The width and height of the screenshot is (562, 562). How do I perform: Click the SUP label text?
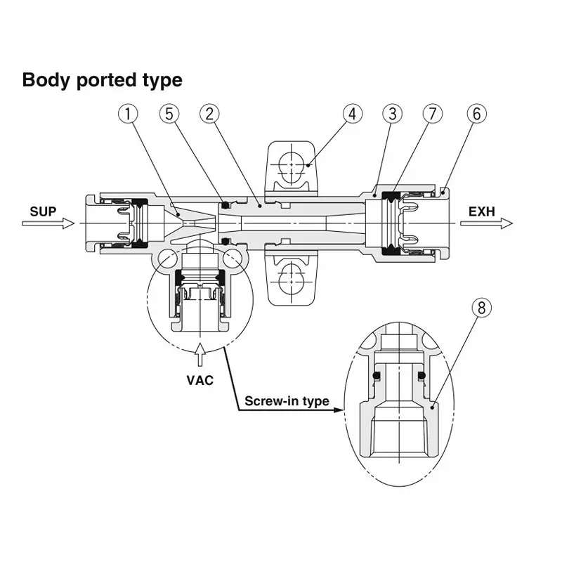click(43, 211)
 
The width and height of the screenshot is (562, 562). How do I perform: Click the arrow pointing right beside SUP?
click(48, 223)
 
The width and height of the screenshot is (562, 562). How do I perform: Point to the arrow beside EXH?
click(486, 223)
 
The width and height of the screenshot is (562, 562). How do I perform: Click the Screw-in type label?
click(287, 402)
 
